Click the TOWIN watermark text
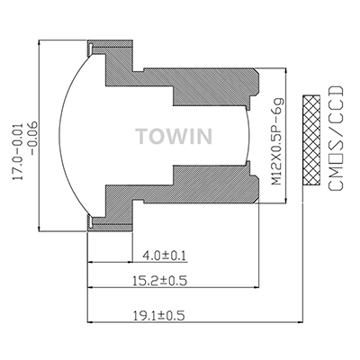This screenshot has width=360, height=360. (x=174, y=136)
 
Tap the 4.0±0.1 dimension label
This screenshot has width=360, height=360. (x=164, y=256)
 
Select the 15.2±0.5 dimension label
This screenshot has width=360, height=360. (x=160, y=281)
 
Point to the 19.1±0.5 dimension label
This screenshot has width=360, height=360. (x=158, y=316)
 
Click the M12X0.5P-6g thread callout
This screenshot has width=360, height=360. (x=276, y=140)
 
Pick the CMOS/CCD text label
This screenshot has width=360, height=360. (x=335, y=138)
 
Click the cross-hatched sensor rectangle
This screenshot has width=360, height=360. (x=311, y=140)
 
